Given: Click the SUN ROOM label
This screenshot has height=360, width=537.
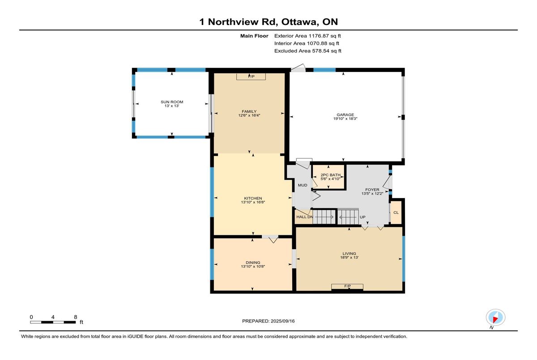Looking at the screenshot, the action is pos(172,102).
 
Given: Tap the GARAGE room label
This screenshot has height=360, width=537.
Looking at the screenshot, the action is pos(345,115).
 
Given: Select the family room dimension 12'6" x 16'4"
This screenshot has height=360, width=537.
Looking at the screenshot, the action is pos(249,115).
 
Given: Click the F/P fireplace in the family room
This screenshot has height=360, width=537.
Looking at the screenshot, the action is pos(251,76).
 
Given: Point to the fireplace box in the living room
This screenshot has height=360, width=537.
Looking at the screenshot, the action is pos(347,287).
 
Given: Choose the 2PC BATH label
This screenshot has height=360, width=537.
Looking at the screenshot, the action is pos(330,175).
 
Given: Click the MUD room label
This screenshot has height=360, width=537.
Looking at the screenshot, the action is pos(303,185).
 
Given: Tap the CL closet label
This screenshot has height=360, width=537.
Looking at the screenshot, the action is pos(396,212).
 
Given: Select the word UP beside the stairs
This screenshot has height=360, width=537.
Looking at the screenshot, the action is pos(362,217).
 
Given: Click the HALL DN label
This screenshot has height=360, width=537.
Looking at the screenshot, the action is pos(305,217).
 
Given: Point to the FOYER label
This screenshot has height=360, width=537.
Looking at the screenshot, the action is pos(372,190).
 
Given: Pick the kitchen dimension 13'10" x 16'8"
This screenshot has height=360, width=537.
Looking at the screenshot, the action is pos(253,202).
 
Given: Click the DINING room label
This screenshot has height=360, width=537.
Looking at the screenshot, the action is pos(253,263).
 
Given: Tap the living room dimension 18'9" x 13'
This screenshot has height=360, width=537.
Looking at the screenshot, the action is pos(349,258).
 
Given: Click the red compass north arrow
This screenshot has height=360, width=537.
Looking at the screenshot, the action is pos(495,319).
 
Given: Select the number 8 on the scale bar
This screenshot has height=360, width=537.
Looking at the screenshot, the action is pos(76,317).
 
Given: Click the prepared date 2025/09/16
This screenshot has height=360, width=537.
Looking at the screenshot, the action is pos(283,321).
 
